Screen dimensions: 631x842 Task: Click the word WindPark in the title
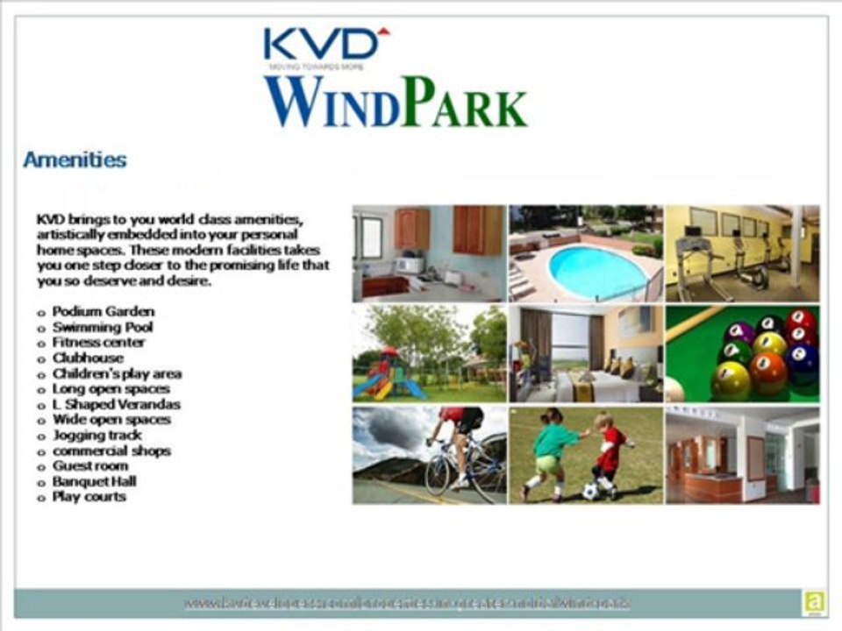396,103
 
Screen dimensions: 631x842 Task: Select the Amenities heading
75,160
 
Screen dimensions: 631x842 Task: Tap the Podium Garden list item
103,311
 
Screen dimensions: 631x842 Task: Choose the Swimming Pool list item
103,327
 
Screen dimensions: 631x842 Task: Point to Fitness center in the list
98,342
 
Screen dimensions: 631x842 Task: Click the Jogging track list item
96,435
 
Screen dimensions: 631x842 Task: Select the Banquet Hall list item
94,481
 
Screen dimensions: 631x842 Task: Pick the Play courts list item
89,496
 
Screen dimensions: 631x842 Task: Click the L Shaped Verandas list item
116,404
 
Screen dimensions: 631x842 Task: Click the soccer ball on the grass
590,492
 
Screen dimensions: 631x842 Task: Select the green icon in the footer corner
811,603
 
